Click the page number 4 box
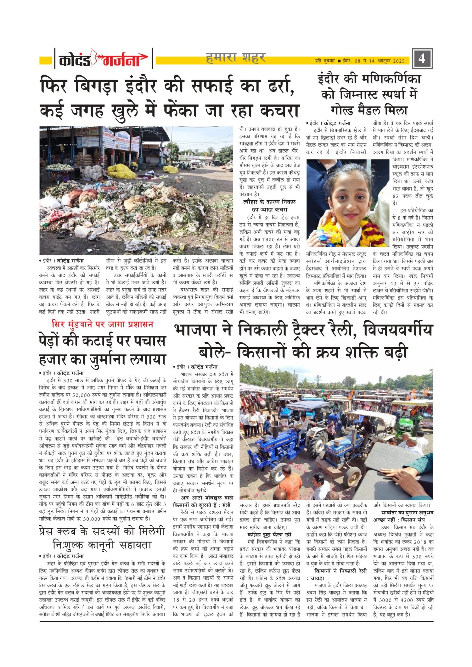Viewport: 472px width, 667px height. (x=422, y=58)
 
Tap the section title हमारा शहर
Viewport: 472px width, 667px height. (x=236, y=58)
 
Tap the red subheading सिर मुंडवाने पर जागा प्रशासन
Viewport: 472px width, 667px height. (x=103, y=324)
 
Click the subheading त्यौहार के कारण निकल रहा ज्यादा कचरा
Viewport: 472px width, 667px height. (x=269, y=206)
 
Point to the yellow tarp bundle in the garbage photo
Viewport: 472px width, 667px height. (x=121, y=171)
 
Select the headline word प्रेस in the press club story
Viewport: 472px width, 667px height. (x=52, y=531)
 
